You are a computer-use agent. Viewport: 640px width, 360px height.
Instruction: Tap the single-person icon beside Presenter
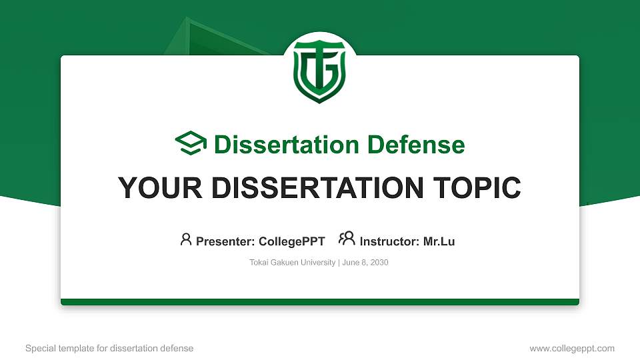(186, 240)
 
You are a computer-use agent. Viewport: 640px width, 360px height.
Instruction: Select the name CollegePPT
(291, 241)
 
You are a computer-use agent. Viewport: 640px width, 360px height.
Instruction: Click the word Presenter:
(225, 241)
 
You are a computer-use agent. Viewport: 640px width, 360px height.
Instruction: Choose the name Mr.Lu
(439, 241)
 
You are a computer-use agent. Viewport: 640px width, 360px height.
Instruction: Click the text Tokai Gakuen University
(293, 263)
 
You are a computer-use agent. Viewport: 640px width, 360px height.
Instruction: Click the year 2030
(379, 263)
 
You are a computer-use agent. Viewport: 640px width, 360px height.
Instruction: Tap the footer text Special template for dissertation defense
(109, 348)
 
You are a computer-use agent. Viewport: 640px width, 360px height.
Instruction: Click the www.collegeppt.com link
(571, 348)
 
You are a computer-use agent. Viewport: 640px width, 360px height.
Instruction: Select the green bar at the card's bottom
(320, 302)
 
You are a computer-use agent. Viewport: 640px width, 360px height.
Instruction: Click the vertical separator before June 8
(339, 263)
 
